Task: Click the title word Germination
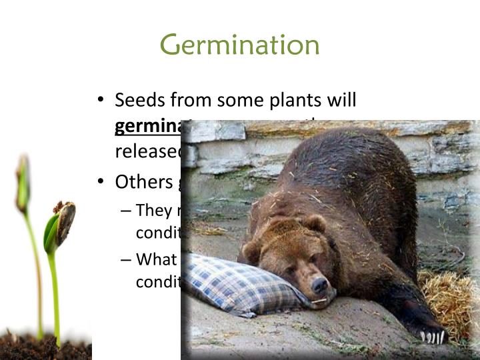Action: tap(240, 45)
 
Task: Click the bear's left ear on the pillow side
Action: tap(252, 251)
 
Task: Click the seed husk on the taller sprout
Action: tap(65, 220)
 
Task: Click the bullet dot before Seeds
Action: tap(101, 101)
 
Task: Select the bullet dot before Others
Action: tap(101, 181)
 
